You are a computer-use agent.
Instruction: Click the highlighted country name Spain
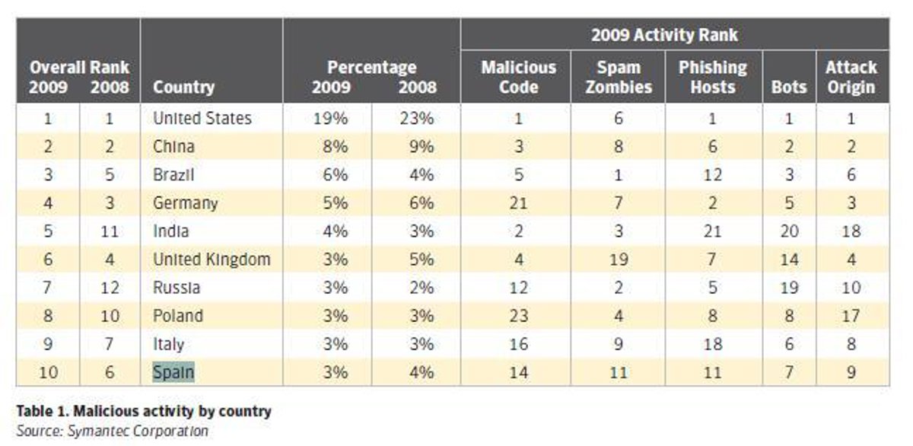tap(173, 372)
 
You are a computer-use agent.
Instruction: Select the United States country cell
tap(202, 118)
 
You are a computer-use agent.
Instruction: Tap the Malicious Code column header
tap(518, 77)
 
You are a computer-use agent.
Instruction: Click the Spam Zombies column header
tap(619, 77)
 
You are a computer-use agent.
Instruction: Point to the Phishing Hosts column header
tap(712, 77)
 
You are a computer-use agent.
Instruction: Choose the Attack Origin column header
tap(851, 77)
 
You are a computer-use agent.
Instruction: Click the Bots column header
tap(788, 87)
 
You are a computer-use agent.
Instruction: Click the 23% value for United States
tap(416, 118)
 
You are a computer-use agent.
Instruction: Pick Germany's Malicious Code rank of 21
tap(518, 202)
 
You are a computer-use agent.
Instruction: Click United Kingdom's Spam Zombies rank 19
tap(619, 260)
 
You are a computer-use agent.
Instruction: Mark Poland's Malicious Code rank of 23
tap(518, 316)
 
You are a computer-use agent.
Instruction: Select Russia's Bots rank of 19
tap(789, 288)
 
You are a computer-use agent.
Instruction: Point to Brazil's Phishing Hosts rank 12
tap(712, 174)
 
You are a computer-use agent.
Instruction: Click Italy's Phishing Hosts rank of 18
tap(712, 344)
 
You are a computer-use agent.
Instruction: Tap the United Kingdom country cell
tap(212, 260)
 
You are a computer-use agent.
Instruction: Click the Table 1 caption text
tap(144, 412)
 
